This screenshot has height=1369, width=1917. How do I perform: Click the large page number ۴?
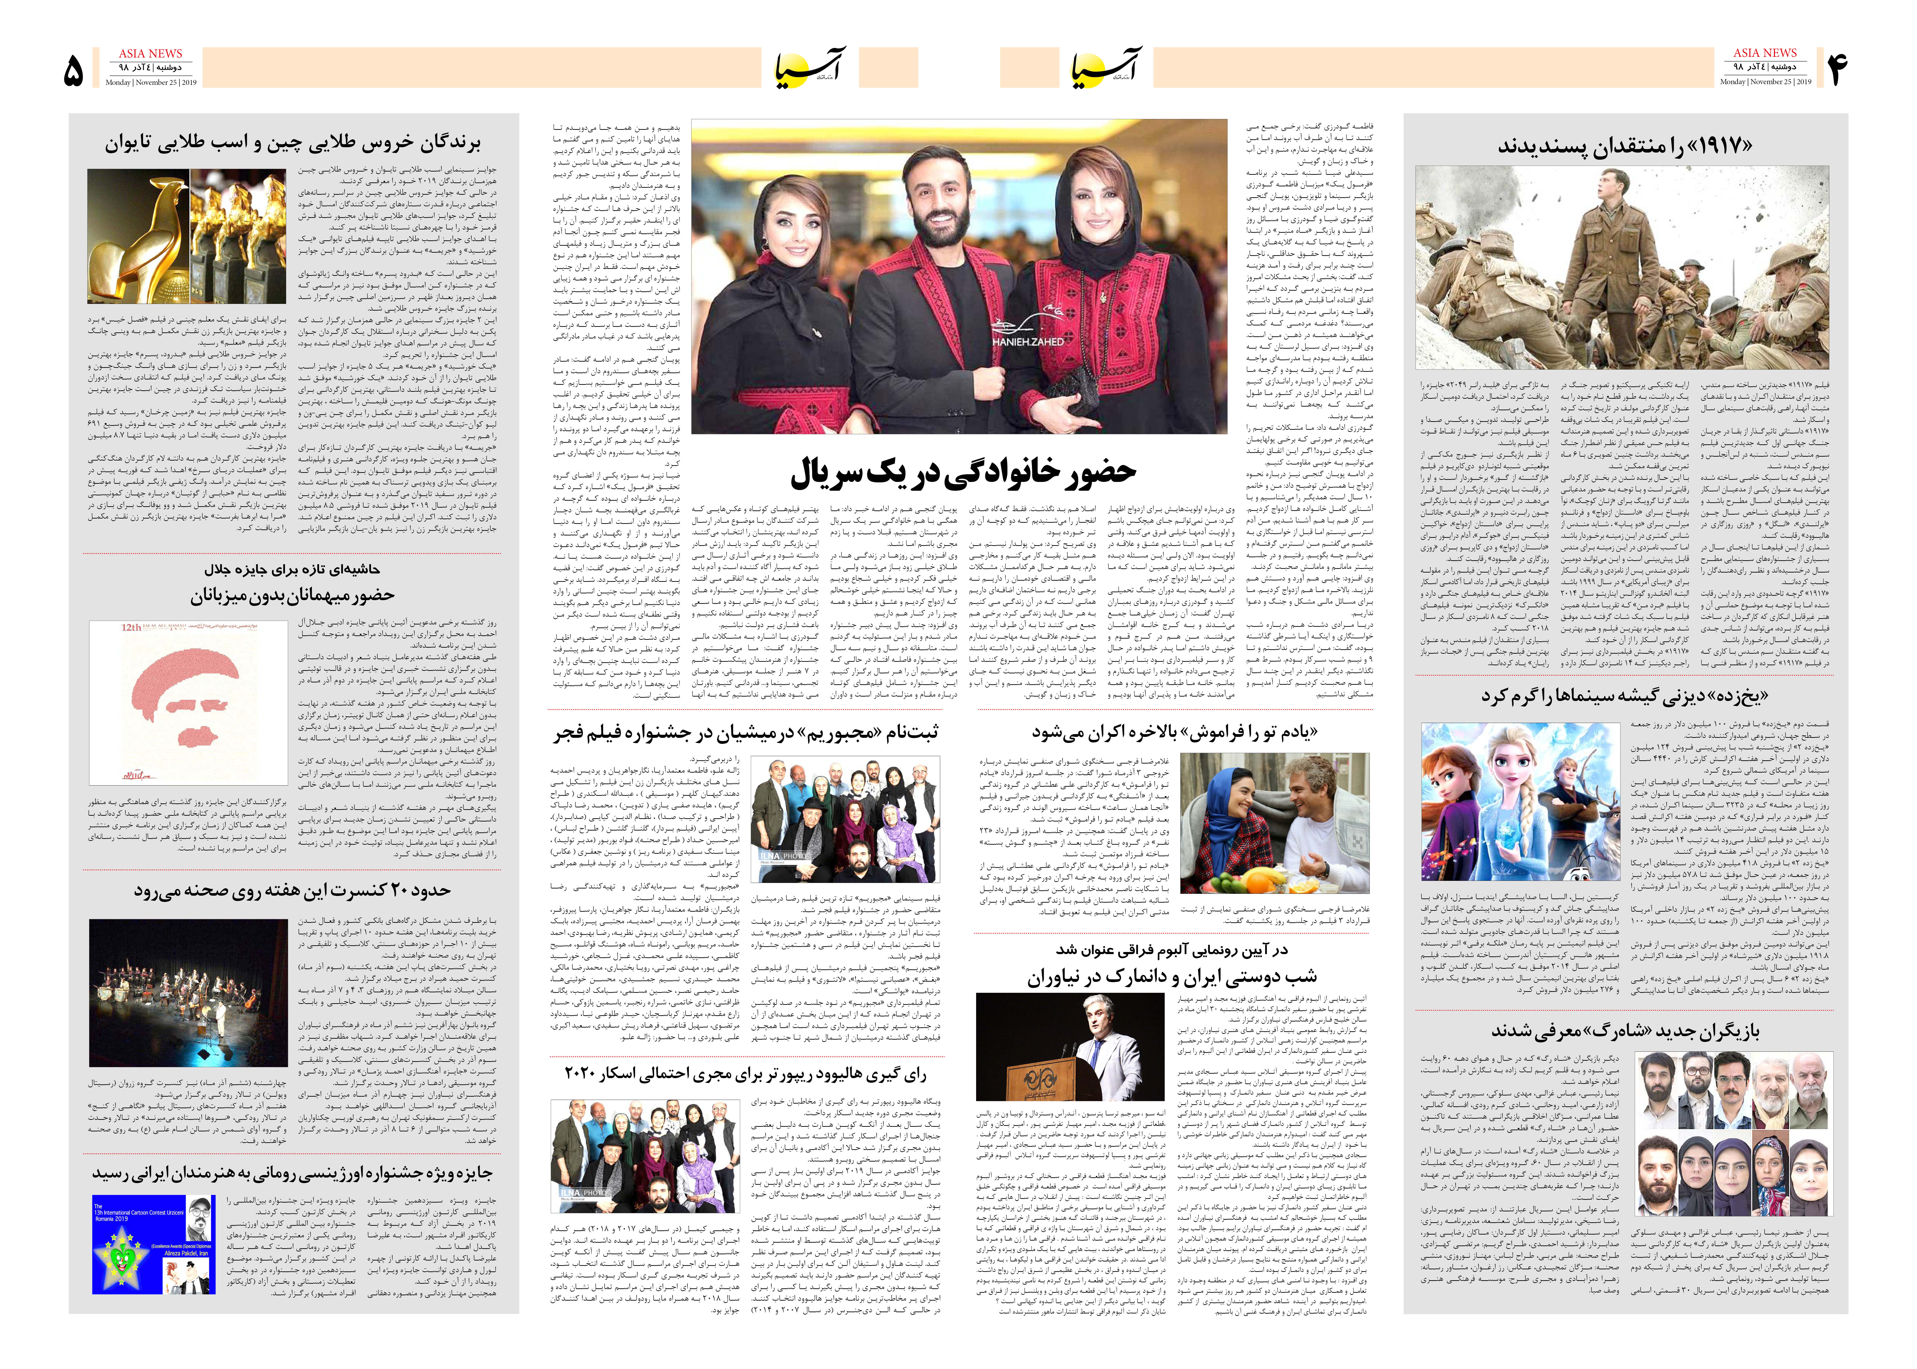(x=1838, y=69)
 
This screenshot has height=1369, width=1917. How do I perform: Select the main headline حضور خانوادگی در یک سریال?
(x=963, y=473)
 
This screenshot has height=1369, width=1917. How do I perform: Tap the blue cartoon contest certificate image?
(x=153, y=1244)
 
